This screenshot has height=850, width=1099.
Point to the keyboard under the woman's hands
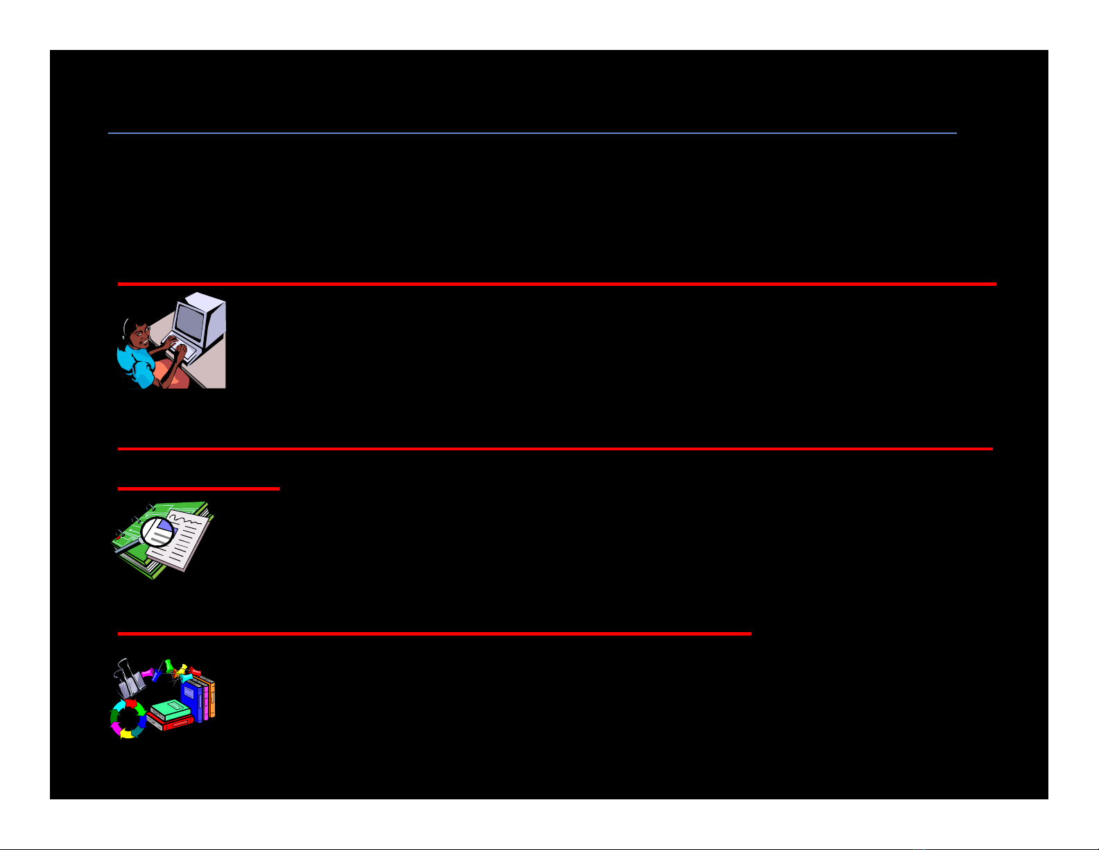tap(186, 352)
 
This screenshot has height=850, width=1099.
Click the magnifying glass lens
tap(157, 532)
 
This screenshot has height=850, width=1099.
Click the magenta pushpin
tap(148, 673)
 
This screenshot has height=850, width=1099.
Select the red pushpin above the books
tap(195, 672)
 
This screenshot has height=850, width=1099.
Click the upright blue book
tap(191, 698)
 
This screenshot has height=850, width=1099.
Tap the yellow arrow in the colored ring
tap(126, 733)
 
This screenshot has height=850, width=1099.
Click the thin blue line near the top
tap(532, 133)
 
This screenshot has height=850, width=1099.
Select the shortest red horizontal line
tap(198, 489)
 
